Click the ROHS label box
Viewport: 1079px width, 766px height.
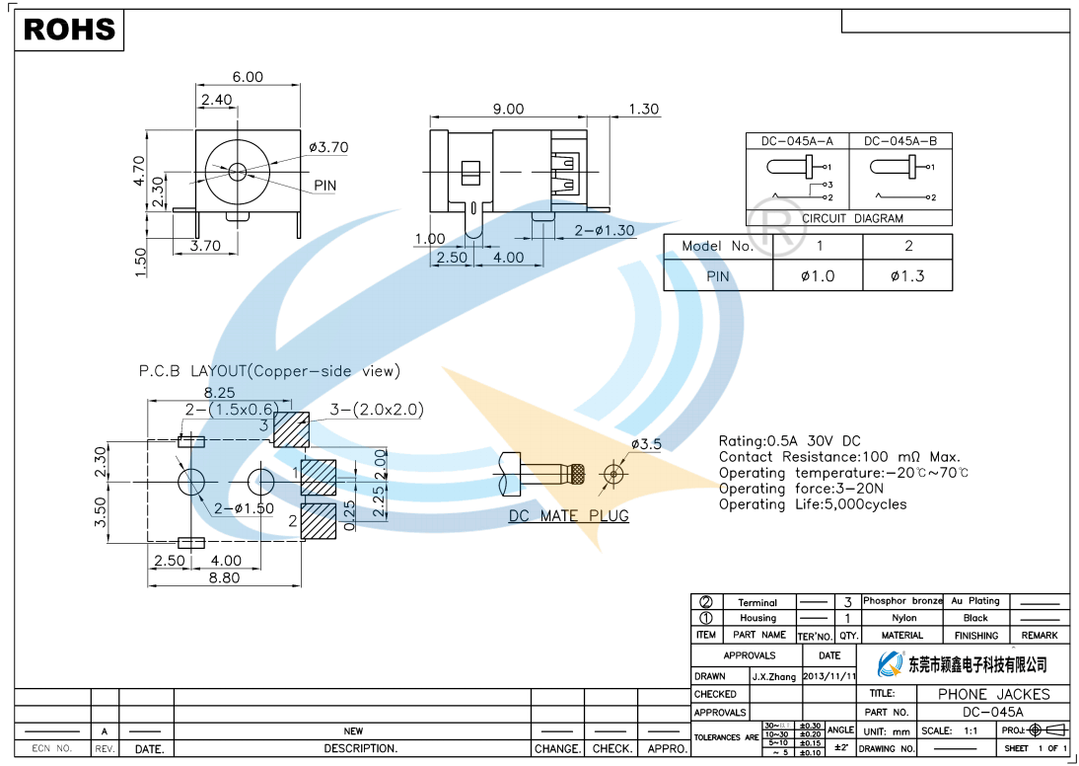coord(69,31)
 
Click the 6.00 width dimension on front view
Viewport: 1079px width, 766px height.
coord(248,77)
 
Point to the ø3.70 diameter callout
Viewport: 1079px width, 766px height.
coord(328,148)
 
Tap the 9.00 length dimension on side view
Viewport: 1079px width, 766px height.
coord(508,110)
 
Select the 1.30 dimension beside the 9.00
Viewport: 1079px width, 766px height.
coord(643,110)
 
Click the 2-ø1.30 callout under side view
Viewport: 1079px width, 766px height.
coord(605,230)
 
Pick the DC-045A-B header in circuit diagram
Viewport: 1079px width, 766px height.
coord(900,141)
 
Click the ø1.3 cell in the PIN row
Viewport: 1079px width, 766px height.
coord(907,276)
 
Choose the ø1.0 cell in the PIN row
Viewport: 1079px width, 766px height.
coord(817,276)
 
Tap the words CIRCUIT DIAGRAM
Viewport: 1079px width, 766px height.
coord(852,219)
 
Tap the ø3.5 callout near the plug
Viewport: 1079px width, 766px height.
coord(646,444)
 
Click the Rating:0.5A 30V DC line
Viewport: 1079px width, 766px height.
coord(789,441)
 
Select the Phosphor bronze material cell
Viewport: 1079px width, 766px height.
coord(902,601)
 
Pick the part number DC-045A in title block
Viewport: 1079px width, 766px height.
coord(993,712)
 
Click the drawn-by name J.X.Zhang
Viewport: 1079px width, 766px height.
coord(774,677)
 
